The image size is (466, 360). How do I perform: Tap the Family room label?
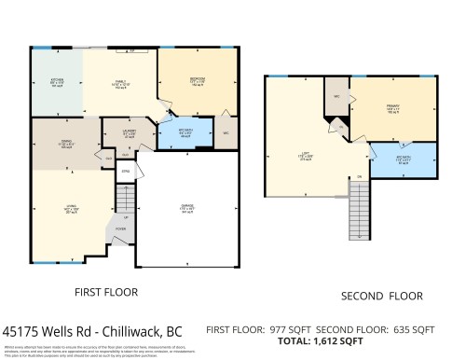click(x=120, y=84)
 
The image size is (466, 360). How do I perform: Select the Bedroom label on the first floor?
click(x=197, y=80)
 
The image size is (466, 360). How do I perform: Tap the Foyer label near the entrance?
click(x=120, y=229)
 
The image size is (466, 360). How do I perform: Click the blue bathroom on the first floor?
click(x=185, y=133)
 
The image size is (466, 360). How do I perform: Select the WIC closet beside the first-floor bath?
click(x=226, y=133)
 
